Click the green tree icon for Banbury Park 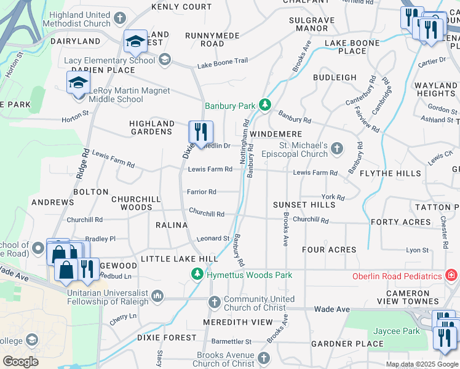(265, 106)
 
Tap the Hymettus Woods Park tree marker (197, 274)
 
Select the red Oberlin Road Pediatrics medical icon (452, 275)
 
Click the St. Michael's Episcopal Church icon (336, 148)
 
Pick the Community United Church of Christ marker (214, 302)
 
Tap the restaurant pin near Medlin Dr (200, 133)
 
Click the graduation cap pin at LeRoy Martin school (79, 84)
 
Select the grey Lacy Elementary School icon (164, 60)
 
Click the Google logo (20, 362)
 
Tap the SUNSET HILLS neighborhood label (304, 204)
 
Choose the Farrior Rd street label (202, 192)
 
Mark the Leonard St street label (213, 239)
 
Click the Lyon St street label (417, 250)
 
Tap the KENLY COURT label (181, 7)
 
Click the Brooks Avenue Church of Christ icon (264, 358)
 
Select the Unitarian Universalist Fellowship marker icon (158, 297)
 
